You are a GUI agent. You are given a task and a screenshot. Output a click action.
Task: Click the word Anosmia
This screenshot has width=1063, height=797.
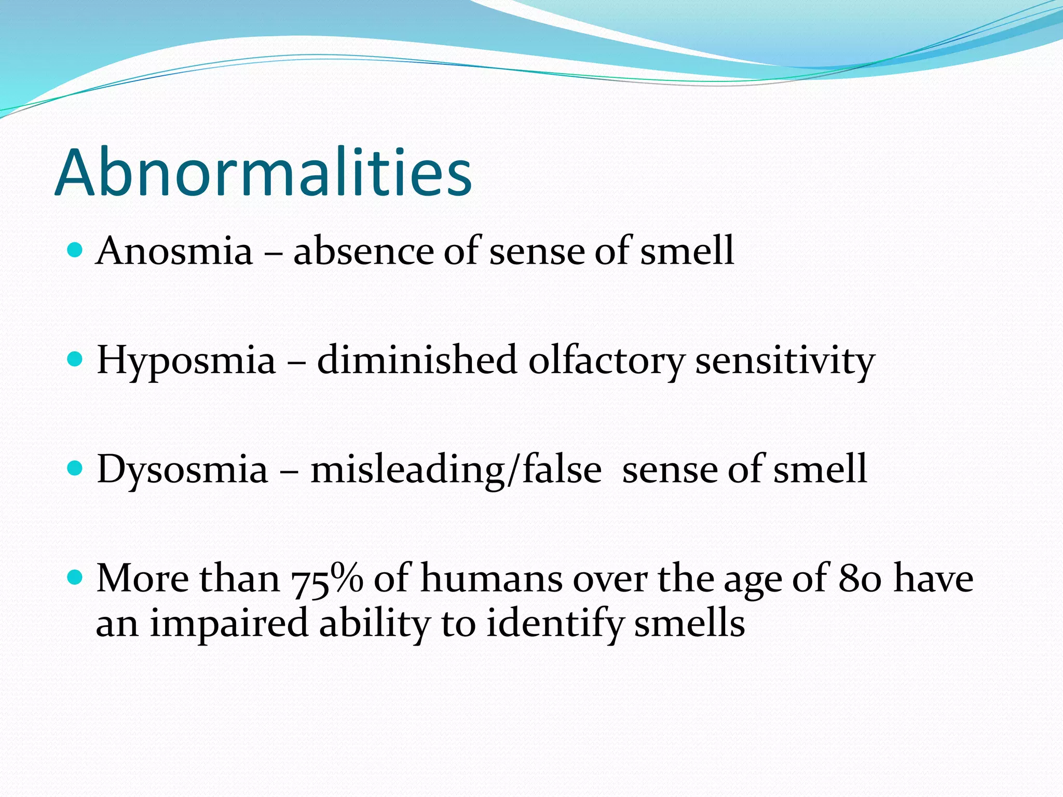[174, 251]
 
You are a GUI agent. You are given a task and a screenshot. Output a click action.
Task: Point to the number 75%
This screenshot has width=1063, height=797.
[326, 579]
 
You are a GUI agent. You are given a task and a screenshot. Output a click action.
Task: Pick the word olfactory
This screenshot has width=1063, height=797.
[606, 360]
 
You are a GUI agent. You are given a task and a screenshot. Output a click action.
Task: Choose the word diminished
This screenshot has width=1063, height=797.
[417, 360]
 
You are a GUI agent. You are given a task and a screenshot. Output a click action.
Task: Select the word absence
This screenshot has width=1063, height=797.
[363, 251]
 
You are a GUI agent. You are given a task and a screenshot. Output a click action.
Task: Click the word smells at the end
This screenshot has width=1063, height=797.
[690, 624]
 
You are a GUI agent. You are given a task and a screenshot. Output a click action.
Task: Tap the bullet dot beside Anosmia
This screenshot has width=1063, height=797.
[75, 250]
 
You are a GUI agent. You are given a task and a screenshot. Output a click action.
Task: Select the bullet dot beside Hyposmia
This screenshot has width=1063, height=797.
[75, 359]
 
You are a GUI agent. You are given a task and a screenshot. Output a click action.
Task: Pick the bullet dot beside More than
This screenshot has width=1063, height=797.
[75, 577]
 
